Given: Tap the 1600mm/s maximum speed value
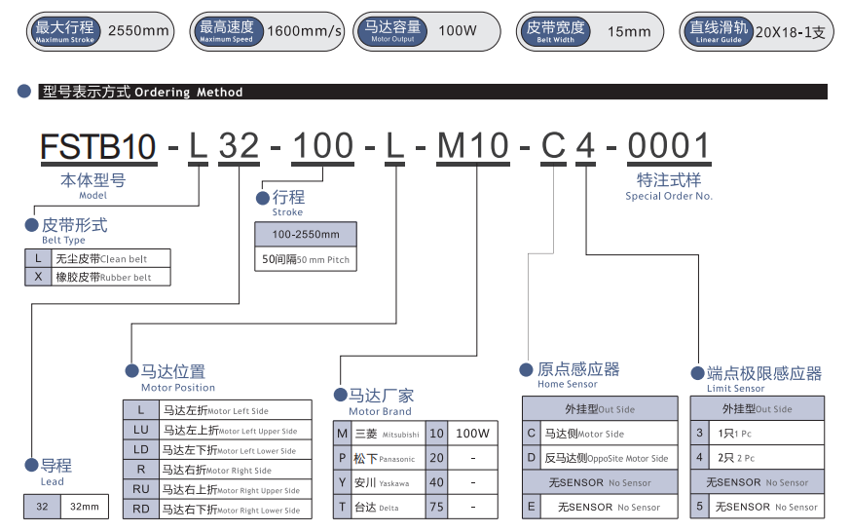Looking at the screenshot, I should pyautogui.click(x=305, y=31).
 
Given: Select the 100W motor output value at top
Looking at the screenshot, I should pyautogui.click(x=458, y=31).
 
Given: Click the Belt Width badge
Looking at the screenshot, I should pyautogui.click(x=556, y=31).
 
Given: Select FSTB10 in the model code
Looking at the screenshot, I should pyautogui.click(x=97, y=146).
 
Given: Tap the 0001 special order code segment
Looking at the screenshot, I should pyautogui.click(x=669, y=146).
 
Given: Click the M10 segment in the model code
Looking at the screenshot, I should pyautogui.click(x=472, y=146).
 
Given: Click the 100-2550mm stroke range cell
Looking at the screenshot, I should pyautogui.click(x=306, y=235).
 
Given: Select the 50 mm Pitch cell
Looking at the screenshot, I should pyautogui.click(x=306, y=260).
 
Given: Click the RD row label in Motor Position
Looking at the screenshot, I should pyautogui.click(x=141, y=509).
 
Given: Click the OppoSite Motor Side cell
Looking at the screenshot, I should pyautogui.click(x=609, y=458).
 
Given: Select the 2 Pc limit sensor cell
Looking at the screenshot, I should pyautogui.click(x=766, y=458).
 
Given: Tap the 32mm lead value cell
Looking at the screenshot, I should pyautogui.click(x=85, y=507).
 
